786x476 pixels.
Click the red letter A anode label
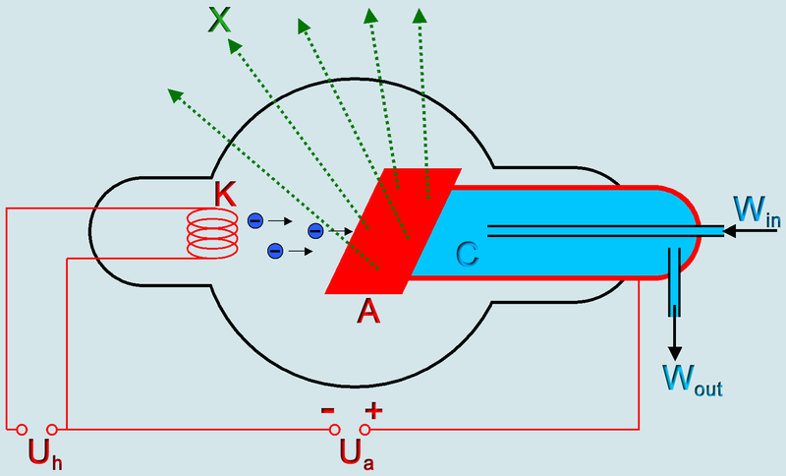coord(368,311)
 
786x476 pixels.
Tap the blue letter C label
coord(468,255)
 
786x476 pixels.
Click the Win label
coord(757,210)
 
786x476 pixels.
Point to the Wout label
coord(692,379)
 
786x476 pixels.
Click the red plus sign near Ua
coord(372,408)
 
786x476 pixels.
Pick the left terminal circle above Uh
coord(22,430)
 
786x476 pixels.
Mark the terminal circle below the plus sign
coord(365,430)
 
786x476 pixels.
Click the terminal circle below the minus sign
coord(335,430)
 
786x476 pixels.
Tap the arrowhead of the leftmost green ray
coord(174,93)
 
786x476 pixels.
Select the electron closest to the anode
coord(315,230)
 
